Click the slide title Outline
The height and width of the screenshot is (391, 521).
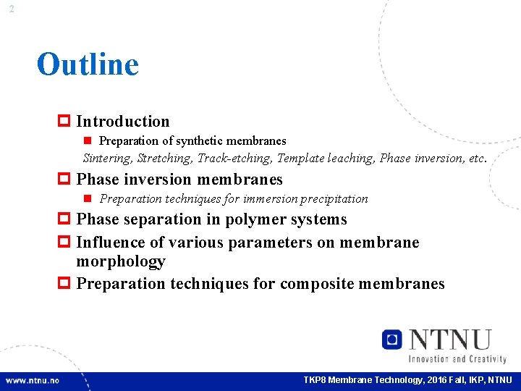pyautogui.click(x=88, y=64)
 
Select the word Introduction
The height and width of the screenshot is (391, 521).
pyautogui.click(x=123, y=122)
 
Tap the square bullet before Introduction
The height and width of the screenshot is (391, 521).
pyautogui.click(x=64, y=122)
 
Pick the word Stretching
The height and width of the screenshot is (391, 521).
pyautogui.click(x=166, y=158)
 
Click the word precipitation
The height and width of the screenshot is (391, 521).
pyautogui.click(x=336, y=198)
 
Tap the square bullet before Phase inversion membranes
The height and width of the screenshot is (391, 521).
pyautogui.click(x=64, y=180)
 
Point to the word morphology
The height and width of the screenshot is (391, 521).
pyautogui.click(x=121, y=261)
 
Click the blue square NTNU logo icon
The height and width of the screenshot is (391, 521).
pyautogui.click(x=392, y=339)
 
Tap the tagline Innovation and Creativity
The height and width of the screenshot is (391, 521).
pyautogui.click(x=457, y=358)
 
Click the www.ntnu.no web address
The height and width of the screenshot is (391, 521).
pyautogui.click(x=33, y=380)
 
